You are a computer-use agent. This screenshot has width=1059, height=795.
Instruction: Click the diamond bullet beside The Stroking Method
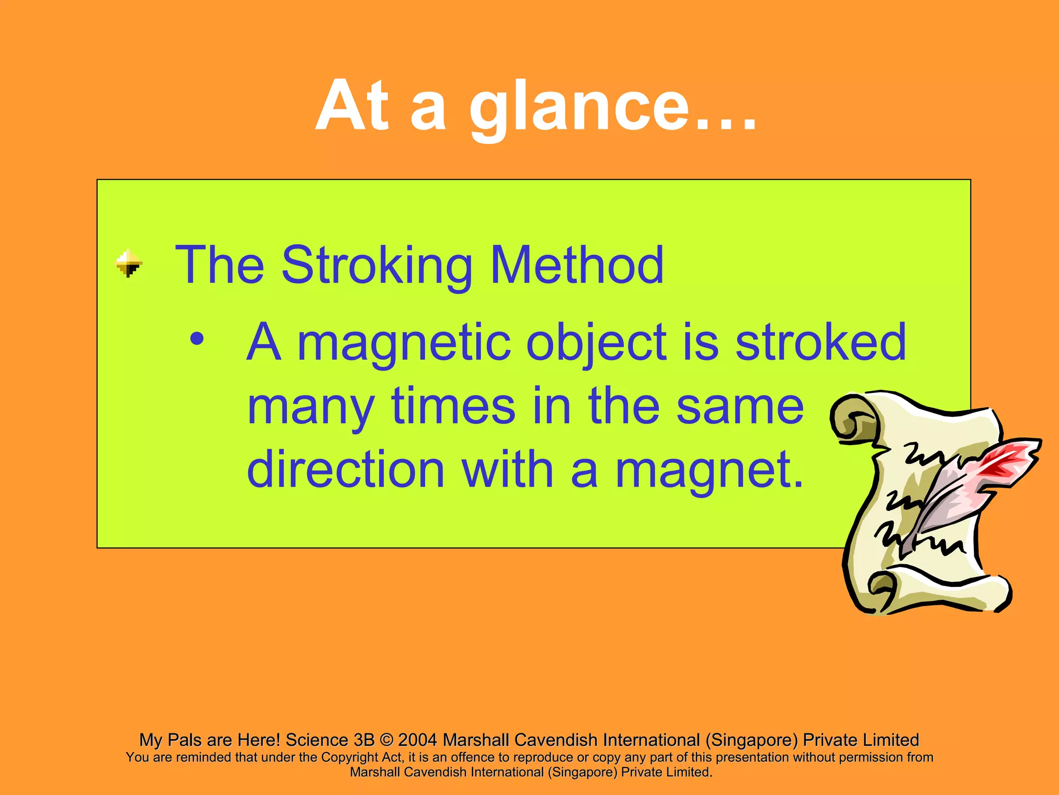tap(128, 263)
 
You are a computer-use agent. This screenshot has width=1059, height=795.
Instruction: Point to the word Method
tap(577, 265)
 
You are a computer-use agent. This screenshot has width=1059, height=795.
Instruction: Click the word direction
tap(346, 469)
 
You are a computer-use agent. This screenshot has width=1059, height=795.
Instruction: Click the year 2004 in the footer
tap(417, 740)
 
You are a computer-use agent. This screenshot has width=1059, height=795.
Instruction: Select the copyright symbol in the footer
tap(386, 740)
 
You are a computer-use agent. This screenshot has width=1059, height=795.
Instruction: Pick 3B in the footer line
tap(364, 740)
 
